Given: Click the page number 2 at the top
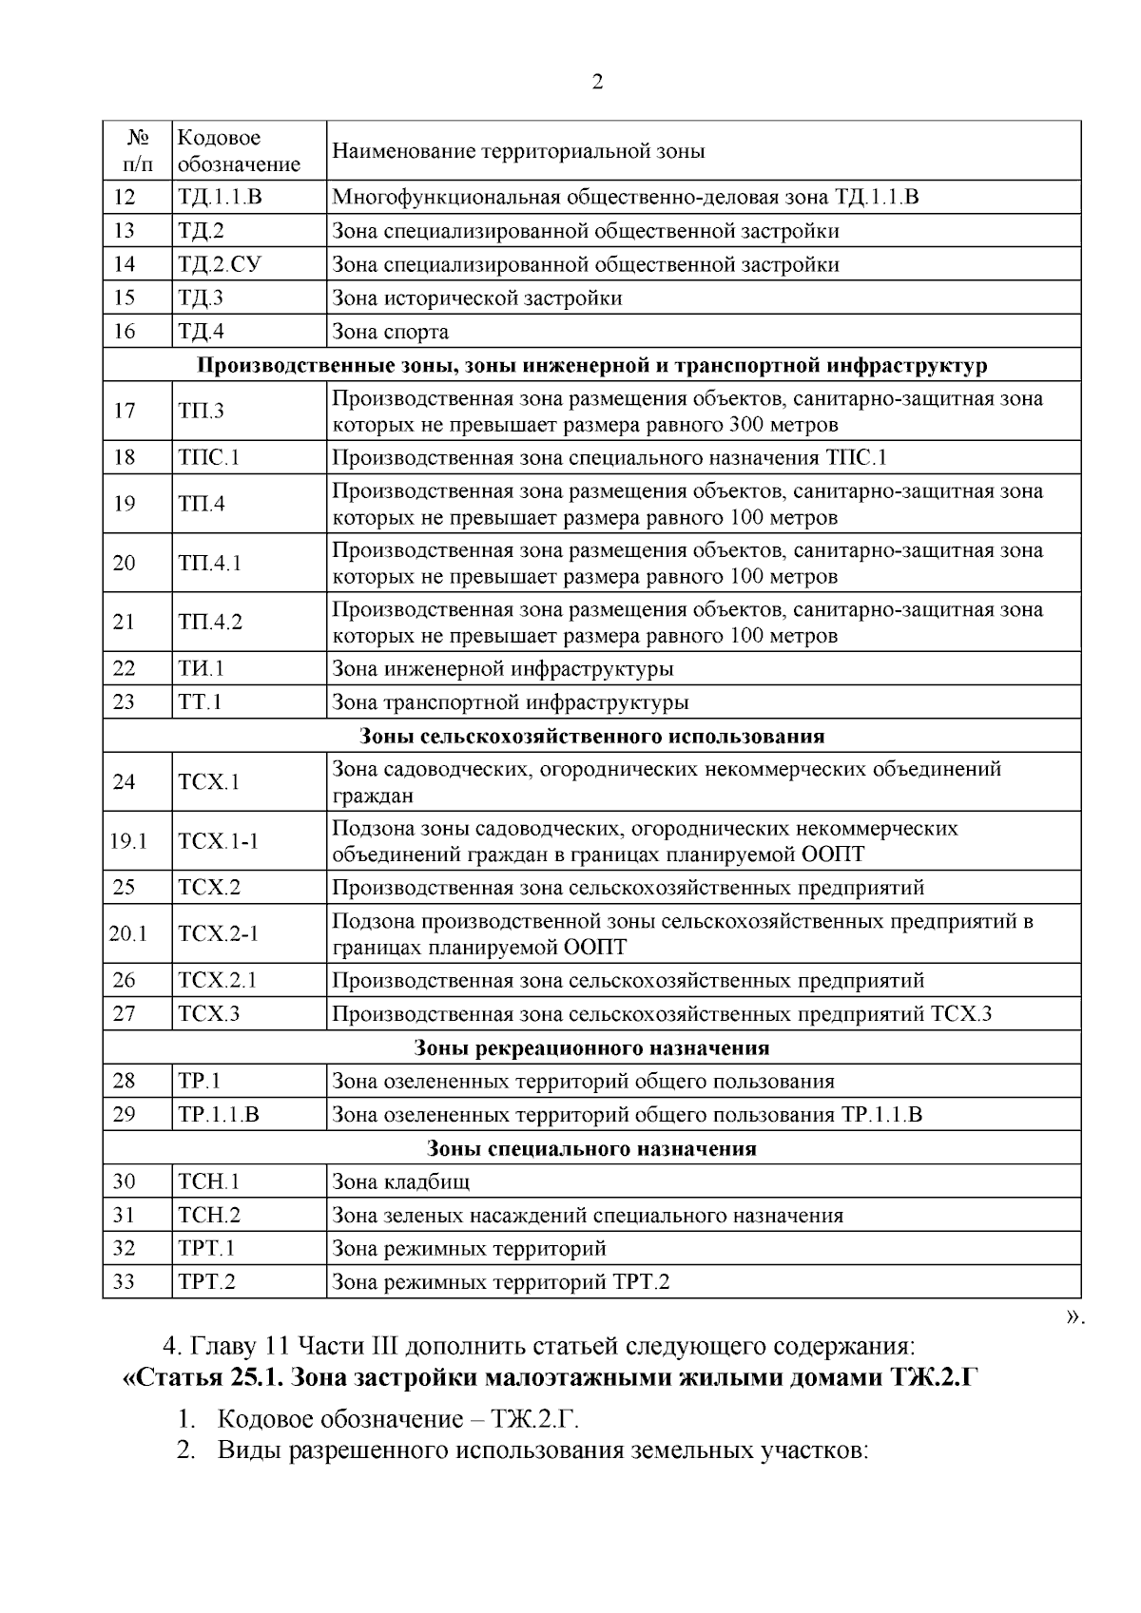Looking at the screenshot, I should click(x=596, y=83).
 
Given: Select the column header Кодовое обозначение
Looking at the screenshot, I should click(x=239, y=151).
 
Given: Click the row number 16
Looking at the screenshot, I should click(x=125, y=332).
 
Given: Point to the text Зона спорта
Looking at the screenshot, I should click(x=390, y=332).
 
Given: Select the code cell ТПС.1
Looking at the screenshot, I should click(x=208, y=458).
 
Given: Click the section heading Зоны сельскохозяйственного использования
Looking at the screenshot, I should click(x=591, y=736).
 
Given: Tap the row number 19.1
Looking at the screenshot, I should click(x=127, y=841).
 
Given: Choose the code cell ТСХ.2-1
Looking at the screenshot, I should click(x=218, y=934).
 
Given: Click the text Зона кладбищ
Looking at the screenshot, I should click(x=400, y=1182).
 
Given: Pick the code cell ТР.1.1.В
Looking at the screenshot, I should click(x=218, y=1115).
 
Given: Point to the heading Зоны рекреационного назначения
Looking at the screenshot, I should click(x=591, y=1048).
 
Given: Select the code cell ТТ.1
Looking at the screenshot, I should click(x=200, y=702).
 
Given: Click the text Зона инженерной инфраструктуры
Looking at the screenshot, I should click(x=502, y=669).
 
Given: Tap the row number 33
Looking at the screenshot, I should click(x=125, y=1282).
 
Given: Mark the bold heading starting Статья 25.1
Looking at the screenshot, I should click(x=551, y=1377).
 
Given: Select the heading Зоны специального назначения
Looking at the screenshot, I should click(x=591, y=1148).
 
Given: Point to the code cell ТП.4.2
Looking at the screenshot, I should click(x=210, y=623).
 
